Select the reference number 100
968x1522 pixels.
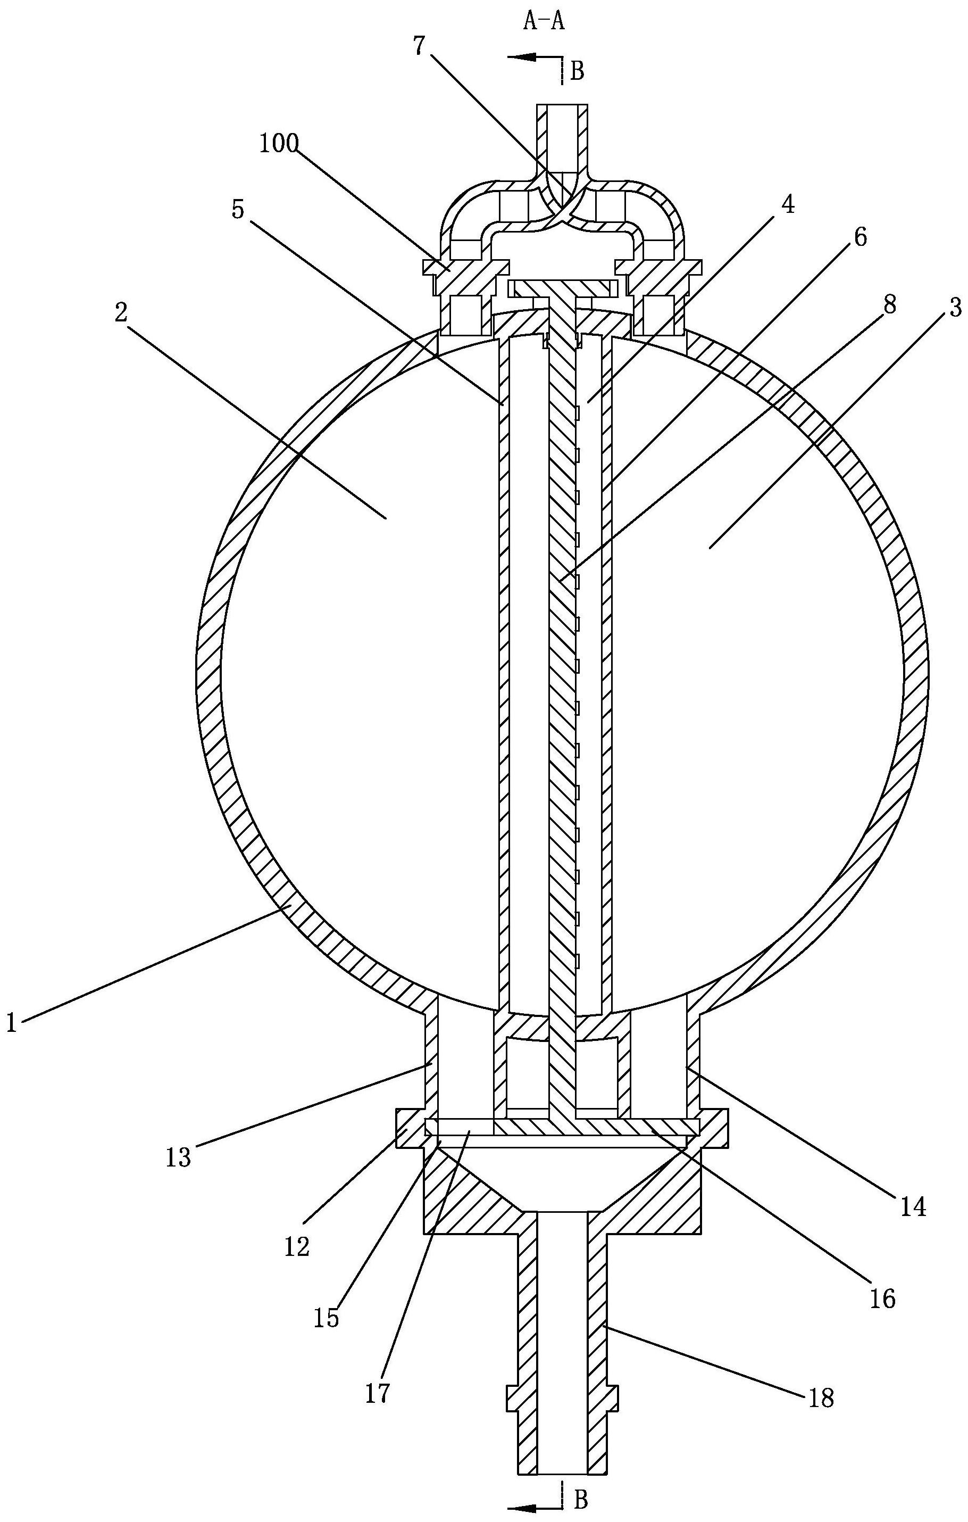click(x=279, y=144)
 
